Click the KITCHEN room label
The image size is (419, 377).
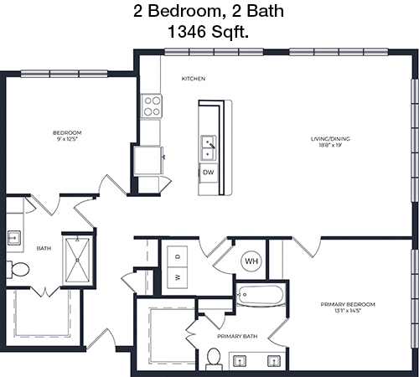[194, 79]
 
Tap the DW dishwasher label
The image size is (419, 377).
[209, 173]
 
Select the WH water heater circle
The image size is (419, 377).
[251, 261]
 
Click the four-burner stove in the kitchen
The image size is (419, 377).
[152, 106]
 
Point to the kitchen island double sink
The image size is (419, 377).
[209, 147]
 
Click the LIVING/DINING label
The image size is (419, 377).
[330, 139]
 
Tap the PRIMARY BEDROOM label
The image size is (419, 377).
[348, 304]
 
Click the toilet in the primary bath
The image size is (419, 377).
[214, 359]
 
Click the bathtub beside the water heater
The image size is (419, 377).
[260, 295]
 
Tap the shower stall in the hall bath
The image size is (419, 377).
[78, 261]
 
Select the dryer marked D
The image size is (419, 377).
[177, 256]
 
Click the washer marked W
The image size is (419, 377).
[177, 277]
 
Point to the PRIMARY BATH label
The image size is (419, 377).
[237, 337]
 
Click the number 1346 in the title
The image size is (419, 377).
[186, 32]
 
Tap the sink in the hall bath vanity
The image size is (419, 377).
[13, 238]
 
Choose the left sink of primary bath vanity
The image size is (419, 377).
[241, 361]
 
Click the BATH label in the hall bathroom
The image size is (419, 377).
[44, 248]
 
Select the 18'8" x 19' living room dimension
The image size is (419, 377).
[330, 145]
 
